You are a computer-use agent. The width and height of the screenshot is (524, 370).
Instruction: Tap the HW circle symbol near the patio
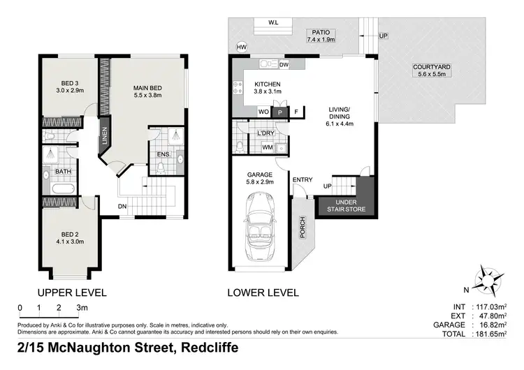tap(242, 47)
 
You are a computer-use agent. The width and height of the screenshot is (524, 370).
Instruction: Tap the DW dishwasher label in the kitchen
tap(284, 64)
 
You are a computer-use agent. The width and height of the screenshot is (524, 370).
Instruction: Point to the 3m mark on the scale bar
tap(82, 307)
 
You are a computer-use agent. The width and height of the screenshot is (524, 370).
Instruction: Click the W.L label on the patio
tap(273, 22)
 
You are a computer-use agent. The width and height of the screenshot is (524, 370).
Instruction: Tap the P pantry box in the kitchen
tap(279, 112)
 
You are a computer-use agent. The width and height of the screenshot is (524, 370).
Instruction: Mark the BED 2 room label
tap(72, 237)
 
